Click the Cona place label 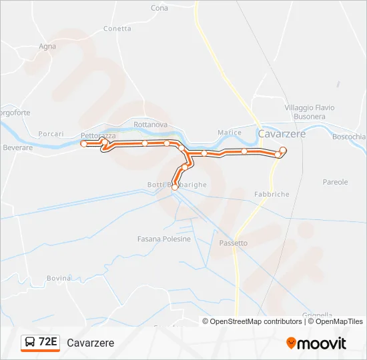[159, 8]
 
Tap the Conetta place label [117, 29]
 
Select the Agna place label [47, 47]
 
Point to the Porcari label [51, 133]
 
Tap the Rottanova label [150, 125]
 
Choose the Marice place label [229, 133]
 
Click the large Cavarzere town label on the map [282, 134]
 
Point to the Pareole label [335, 182]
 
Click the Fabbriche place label [272, 194]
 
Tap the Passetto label [233, 243]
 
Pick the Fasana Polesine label [164, 239]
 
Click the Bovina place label [59, 277]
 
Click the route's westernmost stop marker [83, 143]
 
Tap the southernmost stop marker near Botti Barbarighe [175, 188]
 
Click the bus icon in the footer [30, 343]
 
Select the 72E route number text [48, 343]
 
